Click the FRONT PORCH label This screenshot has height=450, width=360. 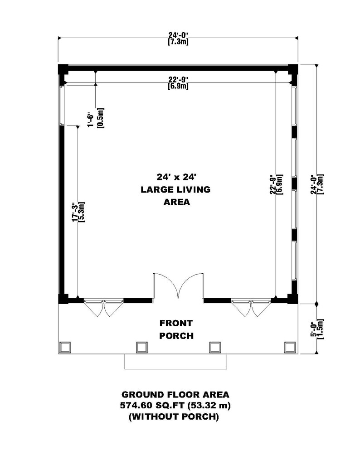point(176,329)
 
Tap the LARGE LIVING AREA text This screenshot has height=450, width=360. point(176,196)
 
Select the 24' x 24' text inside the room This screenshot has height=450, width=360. point(176,176)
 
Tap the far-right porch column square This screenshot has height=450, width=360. point(289,347)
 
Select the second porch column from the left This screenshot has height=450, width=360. point(141,347)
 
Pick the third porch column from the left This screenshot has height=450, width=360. point(214,347)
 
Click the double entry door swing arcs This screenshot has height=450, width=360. point(178,285)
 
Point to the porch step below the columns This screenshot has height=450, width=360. point(175,361)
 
